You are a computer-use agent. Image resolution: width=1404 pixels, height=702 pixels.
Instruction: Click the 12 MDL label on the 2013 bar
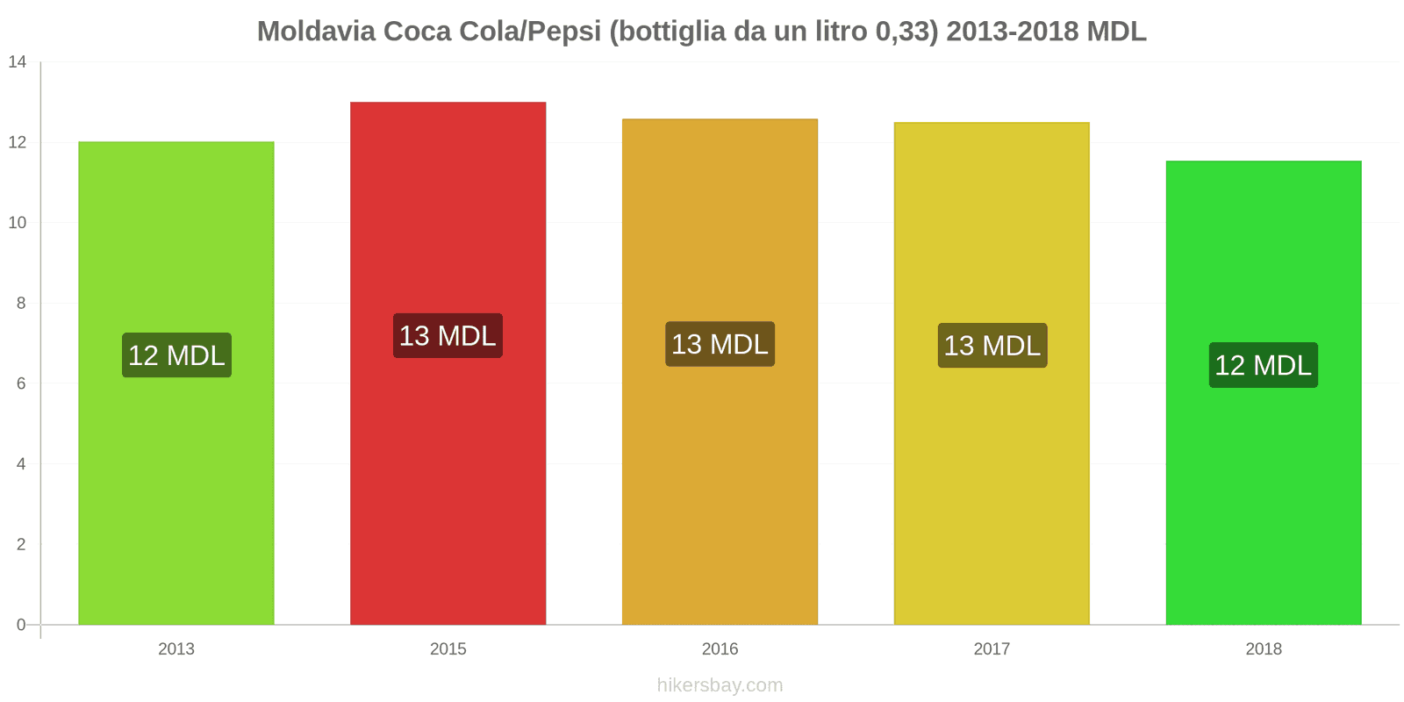tap(176, 355)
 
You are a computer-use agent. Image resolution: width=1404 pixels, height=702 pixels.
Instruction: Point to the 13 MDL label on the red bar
tap(448, 336)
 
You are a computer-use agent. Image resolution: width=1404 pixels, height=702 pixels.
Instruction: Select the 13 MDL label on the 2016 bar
tap(720, 344)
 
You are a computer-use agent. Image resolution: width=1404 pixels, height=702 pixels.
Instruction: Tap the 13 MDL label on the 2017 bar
tap(992, 346)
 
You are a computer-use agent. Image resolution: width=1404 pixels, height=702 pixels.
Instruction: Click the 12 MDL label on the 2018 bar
tap(1263, 365)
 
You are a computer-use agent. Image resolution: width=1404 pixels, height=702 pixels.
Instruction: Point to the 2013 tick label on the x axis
tap(175, 649)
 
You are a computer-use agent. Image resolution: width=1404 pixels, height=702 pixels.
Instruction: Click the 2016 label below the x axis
tap(720, 649)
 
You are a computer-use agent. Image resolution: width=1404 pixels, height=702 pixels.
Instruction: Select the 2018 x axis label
tap(1263, 649)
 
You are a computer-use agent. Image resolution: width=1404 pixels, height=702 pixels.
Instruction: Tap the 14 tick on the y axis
tap(18, 62)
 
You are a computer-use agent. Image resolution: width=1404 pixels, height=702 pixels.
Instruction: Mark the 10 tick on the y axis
tap(18, 223)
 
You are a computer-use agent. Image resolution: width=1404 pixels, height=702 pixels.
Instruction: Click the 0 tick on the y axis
tap(21, 625)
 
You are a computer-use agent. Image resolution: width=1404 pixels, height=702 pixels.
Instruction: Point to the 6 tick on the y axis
tap(21, 383)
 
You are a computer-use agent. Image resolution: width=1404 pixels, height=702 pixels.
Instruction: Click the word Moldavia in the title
tap(316, 32)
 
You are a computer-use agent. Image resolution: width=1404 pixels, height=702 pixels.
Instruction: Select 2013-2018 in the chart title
tap(1012, 32)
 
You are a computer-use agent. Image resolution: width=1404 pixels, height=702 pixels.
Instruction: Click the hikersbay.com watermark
tap(720, 685)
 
